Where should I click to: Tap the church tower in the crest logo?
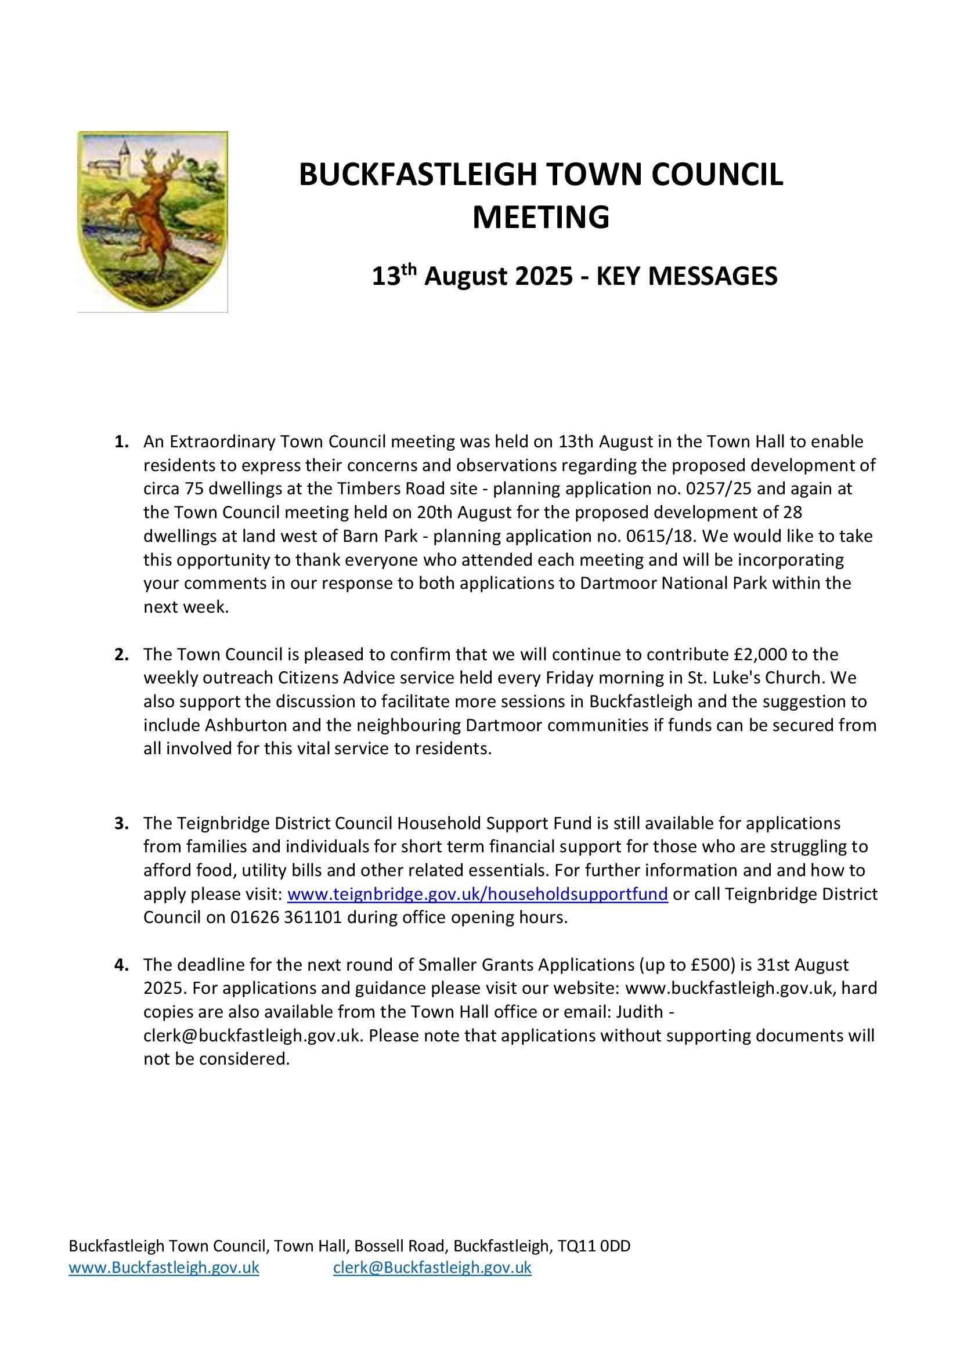coord(125,157)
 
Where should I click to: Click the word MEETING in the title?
coord(540,217)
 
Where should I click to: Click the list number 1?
coord(121,442)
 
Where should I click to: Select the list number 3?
coord(121,823)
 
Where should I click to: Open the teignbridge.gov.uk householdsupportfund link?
coord(477,893)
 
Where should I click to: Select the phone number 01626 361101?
coord(286,917)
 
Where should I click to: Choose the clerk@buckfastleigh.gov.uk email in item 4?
coord(251,1036)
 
